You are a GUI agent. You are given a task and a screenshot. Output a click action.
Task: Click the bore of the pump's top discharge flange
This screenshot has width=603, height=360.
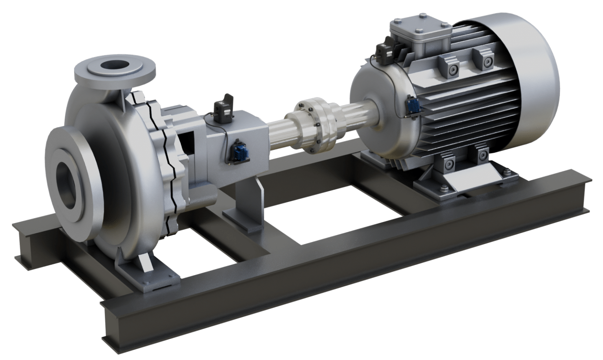(x=114, y=66)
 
